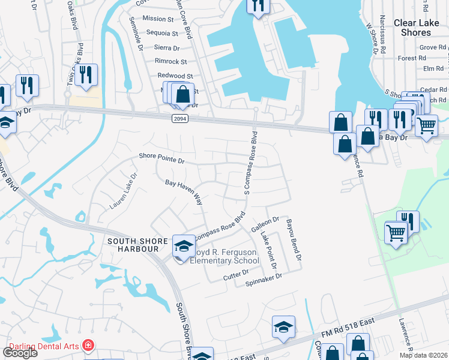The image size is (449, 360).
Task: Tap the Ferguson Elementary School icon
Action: [183, 246]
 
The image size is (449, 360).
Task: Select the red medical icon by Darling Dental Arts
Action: [89, 346]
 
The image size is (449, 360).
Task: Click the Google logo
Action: [20, 352]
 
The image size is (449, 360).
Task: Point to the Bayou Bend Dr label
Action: [292, 239]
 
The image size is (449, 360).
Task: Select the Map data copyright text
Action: [423, 355]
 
